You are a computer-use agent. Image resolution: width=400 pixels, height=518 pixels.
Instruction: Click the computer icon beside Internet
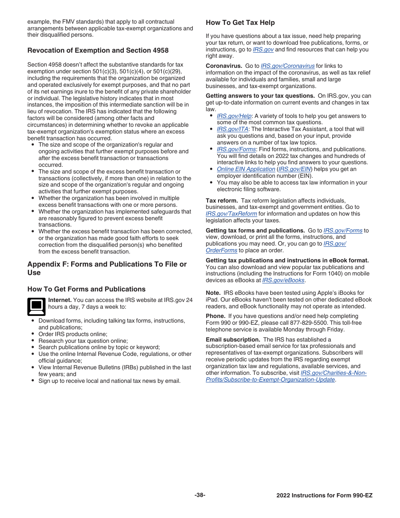click(36, 307)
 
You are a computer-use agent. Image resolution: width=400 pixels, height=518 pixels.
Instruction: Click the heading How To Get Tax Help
click(240, 23)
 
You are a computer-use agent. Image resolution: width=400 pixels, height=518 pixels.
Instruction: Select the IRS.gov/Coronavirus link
click(288, 66)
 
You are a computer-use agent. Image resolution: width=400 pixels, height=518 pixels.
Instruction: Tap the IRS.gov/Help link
click(234, 116)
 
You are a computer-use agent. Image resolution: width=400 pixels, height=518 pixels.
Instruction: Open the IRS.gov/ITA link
click(232, 129)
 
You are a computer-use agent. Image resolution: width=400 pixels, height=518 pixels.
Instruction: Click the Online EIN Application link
click(246, 169)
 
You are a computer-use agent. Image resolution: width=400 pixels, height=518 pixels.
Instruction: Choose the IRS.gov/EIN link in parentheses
click(294, 169)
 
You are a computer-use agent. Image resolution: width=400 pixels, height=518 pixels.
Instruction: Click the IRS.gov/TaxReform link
click(231, 214)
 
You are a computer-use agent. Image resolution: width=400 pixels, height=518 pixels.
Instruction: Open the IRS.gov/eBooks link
click(283, 280)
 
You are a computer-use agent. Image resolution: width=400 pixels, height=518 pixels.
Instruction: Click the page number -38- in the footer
click(200, 495)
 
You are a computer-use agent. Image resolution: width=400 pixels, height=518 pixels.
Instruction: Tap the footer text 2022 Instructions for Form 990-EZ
click(324, 496)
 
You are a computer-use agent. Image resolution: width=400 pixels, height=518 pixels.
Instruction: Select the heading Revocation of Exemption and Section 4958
click(98, 51)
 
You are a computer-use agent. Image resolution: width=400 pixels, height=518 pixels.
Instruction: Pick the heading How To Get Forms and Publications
click(86, 289)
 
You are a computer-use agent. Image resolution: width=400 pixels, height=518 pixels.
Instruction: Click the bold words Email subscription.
click(233, 340)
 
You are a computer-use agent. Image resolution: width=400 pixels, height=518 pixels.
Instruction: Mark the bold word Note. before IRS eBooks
click(213, 293)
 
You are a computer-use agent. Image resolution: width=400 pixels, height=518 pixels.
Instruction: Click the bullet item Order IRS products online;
click(73, 334)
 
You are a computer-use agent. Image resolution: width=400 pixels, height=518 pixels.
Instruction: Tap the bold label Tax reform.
click(222, 201)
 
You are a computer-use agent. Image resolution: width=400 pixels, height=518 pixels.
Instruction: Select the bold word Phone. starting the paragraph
click(215, 316)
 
